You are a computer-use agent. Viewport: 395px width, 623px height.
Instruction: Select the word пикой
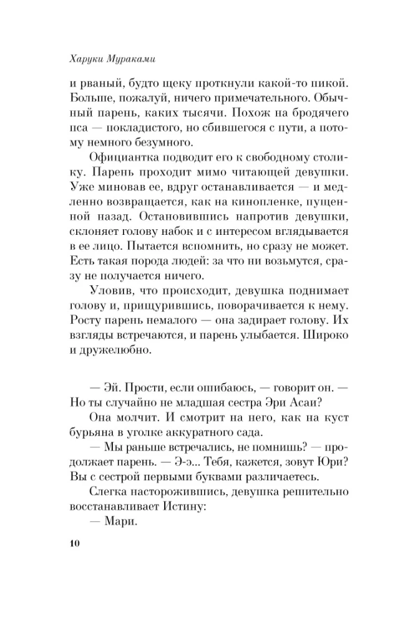318,83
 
